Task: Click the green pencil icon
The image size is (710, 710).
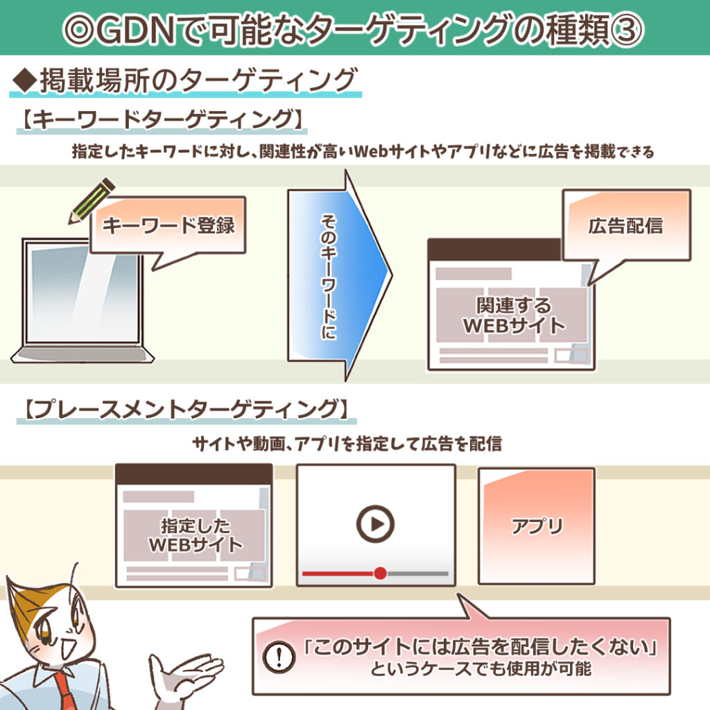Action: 92,200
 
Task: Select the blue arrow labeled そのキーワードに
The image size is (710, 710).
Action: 340,275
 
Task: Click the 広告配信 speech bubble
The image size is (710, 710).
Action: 626,227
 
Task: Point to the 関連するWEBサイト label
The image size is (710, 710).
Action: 514,315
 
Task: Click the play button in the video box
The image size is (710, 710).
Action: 375,524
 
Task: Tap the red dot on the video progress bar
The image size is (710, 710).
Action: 381,573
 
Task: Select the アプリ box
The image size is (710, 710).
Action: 537,526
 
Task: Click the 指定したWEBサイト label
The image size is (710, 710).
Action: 196,535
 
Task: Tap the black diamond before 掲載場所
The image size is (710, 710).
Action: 25,80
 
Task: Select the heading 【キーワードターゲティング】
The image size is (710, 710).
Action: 162,120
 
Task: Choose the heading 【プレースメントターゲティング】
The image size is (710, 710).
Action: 186,409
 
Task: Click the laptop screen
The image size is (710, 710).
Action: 83,294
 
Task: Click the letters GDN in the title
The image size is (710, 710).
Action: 136,31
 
